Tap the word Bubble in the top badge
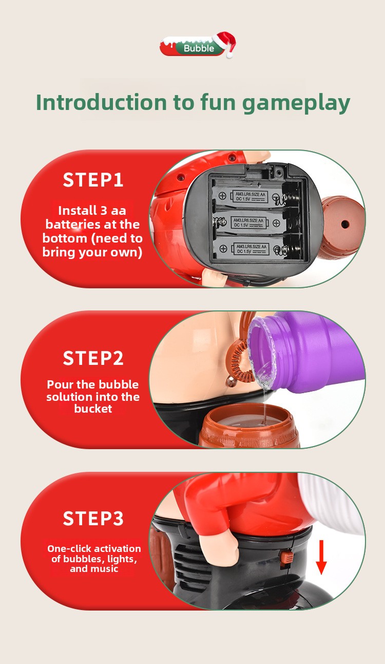coord(199,48)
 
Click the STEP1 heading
coord(93,180)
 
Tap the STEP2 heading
coord(93,358)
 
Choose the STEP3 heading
coord(93,518)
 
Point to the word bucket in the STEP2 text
coord(93,409)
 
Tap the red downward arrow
coord(321,557)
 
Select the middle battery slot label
coord(248,223)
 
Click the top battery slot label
coord(251,196)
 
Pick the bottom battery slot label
coord(251,249)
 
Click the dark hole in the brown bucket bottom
coord(344,224)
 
